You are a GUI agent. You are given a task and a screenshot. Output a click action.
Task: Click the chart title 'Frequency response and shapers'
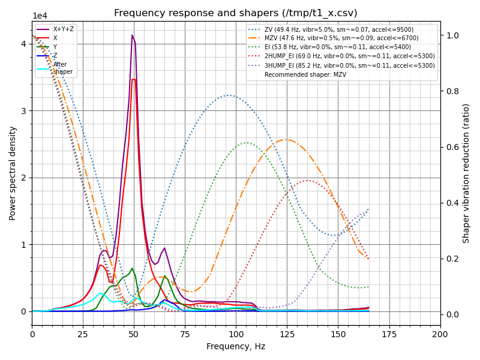coord(235,13)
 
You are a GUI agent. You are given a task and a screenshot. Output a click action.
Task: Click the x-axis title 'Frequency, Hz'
coord(236,346)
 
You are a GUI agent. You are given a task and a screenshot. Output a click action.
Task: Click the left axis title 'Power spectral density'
coord(13,173)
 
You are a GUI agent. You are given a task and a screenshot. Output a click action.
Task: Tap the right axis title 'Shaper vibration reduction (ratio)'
coord(466,173)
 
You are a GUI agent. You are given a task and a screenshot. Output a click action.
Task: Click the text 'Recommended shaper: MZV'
coord(306,74)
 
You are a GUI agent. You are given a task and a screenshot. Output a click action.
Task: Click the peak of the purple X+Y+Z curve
coord(133,35)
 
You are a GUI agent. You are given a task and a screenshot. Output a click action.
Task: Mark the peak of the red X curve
coord(133,79)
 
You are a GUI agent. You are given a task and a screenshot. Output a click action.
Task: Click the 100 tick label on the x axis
coord(236,334)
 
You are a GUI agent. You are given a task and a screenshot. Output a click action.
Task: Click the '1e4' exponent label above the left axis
coord(40,16)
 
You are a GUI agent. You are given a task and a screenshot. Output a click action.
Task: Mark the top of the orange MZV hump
coord(286,139)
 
